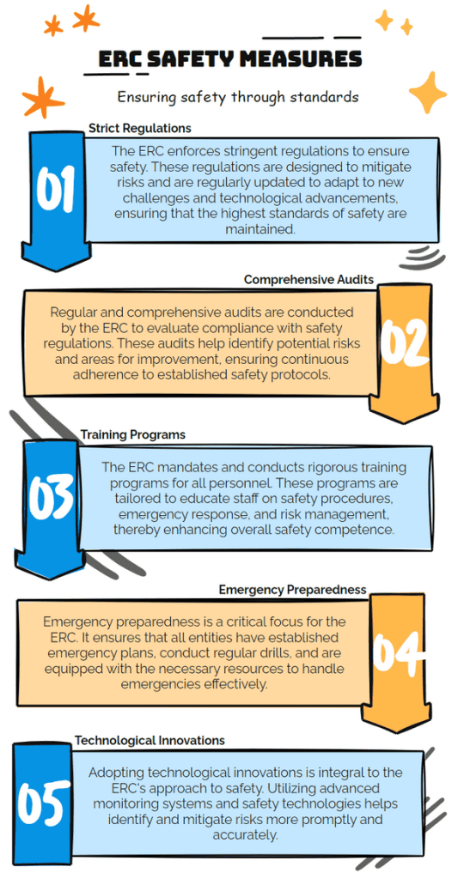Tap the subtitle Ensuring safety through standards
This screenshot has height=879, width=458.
point(237,96)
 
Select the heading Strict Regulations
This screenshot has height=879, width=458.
point(140,129)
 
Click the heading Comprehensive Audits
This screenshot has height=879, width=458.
point(308,279)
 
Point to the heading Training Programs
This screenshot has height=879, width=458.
point(132,434)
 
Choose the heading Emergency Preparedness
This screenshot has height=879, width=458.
point(292,589)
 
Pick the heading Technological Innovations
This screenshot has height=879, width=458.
point(150,740)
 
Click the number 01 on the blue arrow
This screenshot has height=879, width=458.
point(56,190)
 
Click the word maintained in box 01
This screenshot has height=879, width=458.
point(260,228)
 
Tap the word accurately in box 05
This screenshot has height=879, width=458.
point(245,834)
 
